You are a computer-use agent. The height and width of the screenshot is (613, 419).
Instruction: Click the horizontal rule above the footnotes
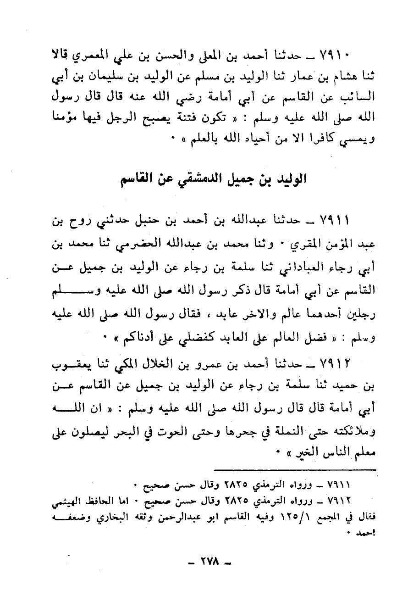pos(295,470)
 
